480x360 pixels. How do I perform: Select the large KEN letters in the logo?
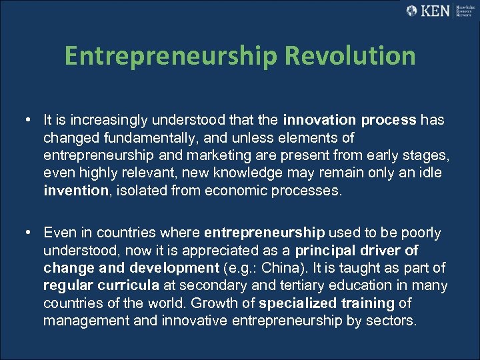(436, 11)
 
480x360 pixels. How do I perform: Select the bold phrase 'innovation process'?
(349, 121)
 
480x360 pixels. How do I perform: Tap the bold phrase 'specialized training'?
(327, 303)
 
